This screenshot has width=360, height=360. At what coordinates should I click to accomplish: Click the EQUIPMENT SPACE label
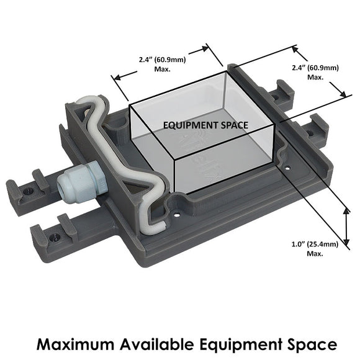tap(205, 125)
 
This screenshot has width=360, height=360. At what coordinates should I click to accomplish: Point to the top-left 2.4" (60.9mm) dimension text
tap(163, 60)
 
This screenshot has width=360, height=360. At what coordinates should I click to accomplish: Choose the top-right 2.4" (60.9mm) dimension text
tap(315, 68)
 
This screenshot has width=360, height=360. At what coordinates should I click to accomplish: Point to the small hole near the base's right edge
tap(287, 168)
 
